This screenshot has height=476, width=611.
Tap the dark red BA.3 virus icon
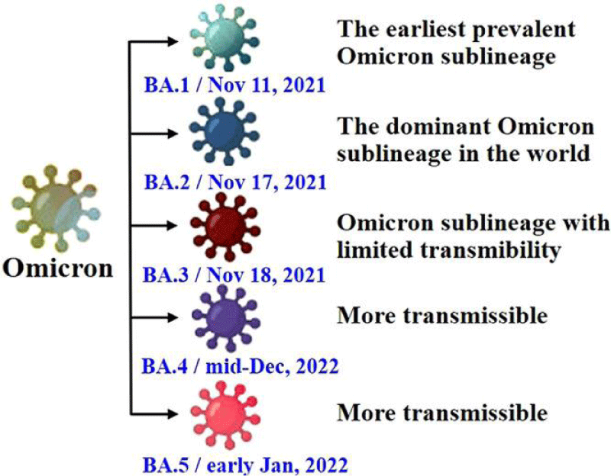point(225,226)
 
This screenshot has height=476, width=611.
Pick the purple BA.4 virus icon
point(226,318)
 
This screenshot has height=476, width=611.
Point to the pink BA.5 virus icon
point(225,415)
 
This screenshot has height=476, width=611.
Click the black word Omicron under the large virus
point(58,269)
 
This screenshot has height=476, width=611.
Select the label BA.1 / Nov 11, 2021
point(234,85)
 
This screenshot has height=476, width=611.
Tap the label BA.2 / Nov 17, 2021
point(235,182)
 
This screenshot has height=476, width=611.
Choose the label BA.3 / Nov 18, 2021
point(234,275)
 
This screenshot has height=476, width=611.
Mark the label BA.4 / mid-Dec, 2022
point(240,366)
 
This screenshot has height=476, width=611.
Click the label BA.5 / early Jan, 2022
point(245,465)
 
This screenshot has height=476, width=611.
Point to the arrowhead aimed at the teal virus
point(173,41)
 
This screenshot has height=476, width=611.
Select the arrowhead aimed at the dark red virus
point(173,225)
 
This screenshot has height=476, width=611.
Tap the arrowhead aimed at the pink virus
point(173,413)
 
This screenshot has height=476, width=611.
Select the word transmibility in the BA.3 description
point(490,250)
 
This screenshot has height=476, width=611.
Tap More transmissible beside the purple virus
point(442,315)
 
